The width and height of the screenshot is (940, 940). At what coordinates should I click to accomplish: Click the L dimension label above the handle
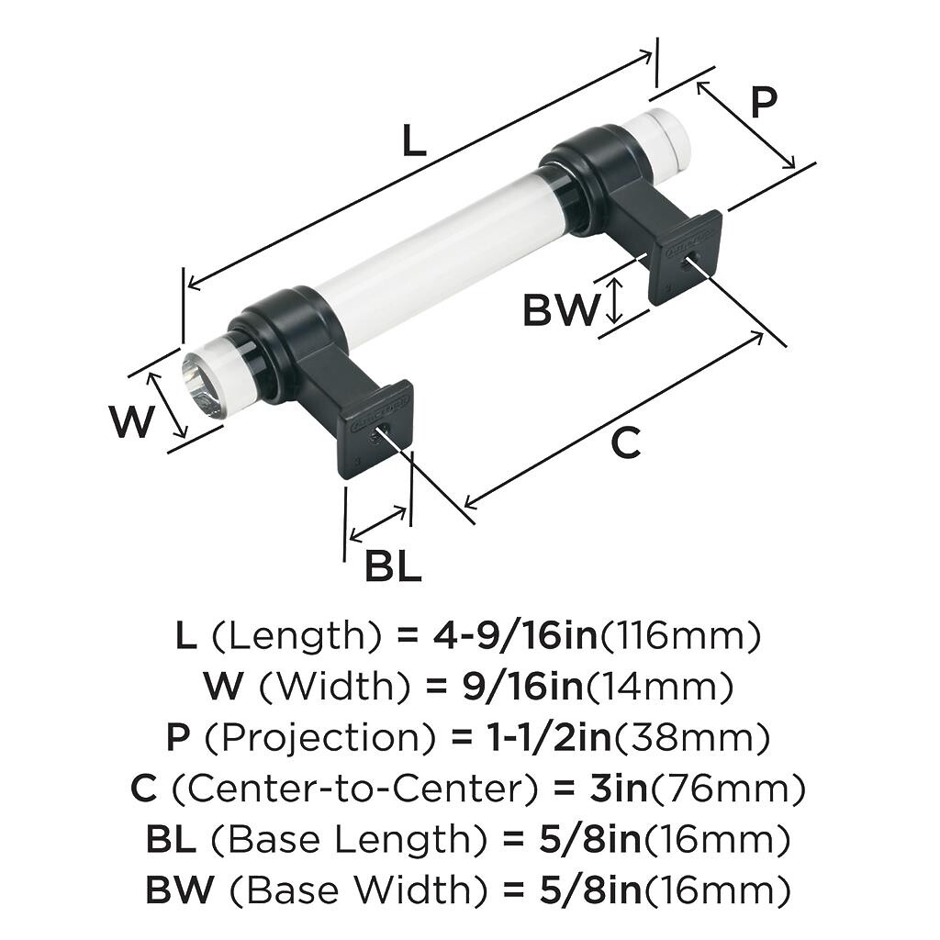pyautogui.click(x=414, y=140)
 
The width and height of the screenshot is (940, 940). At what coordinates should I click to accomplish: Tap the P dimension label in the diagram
pyautogui.click(x=763, y=103)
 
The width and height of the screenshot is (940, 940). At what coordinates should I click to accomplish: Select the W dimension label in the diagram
pyautogui.click(x=131, y=422)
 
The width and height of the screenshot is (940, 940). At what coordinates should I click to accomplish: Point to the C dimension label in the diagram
pyautogui.click(x=625, y=443)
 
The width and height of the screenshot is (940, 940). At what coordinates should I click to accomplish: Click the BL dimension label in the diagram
pyautogui.click(x=393, y=566)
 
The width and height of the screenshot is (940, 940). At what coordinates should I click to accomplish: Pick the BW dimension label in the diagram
pyautogui.click(x=560, y=311)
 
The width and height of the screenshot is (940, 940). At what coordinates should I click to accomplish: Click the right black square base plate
pyautogui.click(x=685, y=256)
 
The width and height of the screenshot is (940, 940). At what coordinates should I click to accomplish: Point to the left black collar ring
pyautogui.click(x=275, y=344)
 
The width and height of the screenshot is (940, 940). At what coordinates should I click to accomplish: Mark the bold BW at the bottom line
pyautogui.click(x=180, y=890)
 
